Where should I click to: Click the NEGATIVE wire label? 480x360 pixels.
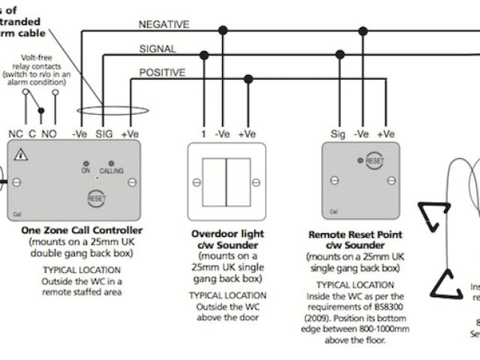tap(163, 24)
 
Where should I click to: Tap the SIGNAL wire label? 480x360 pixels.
tap(157, 49)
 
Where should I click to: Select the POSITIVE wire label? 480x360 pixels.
tap(161, 73)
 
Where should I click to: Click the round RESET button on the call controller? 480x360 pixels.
tap(96, 199)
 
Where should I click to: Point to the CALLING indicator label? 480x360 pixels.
tap(111, 171)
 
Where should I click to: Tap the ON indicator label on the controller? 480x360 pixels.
tap(85, 171)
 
